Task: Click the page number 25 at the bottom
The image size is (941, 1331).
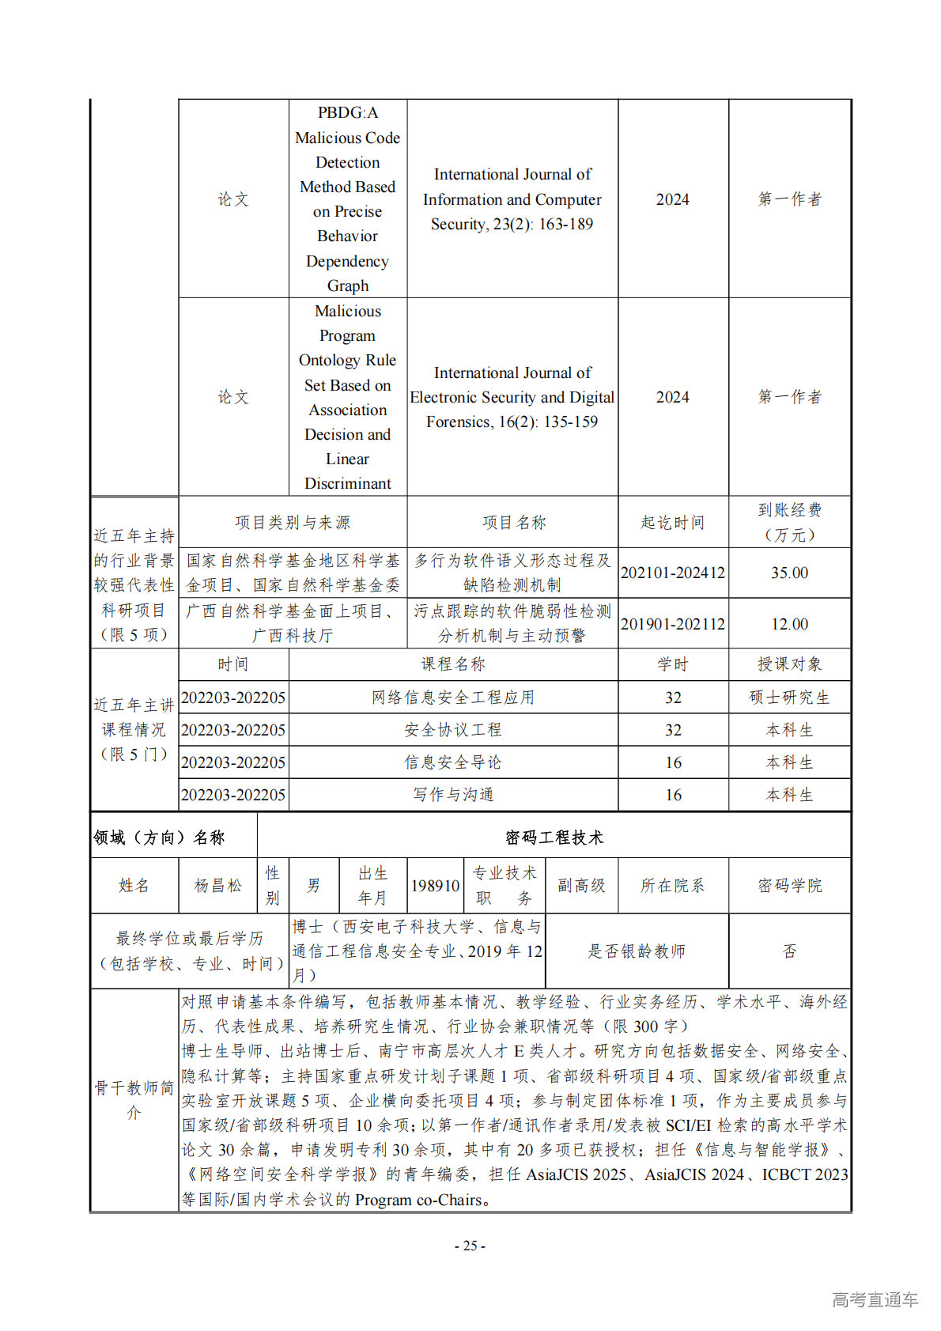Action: [470, 1246]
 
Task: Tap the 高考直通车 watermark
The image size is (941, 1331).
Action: [875, 1299]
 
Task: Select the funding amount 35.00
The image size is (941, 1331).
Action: [789, 573]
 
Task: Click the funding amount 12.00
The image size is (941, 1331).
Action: [789, 624]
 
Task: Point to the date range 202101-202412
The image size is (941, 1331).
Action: [672, 573]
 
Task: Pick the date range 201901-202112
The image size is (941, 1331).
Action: [672, 624]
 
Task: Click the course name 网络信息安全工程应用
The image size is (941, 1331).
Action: [453, 698]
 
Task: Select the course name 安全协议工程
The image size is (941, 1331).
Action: [453, 730]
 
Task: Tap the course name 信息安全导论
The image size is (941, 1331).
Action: [453, 762]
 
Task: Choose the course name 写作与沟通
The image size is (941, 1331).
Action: [453, 795]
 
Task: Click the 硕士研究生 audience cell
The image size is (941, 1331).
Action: [789, 698]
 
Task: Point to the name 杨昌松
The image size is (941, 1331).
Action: [217, 886]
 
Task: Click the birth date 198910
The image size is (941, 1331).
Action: [435, 886]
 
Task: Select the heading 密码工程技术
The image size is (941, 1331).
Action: [554, 838]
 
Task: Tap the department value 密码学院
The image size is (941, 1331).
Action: [789, 886]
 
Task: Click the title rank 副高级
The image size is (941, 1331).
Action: [581, 886]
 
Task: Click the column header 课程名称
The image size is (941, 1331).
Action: [453, 664]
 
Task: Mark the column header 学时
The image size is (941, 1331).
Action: [672, 664]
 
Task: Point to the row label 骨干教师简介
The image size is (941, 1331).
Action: [134, 1100]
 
